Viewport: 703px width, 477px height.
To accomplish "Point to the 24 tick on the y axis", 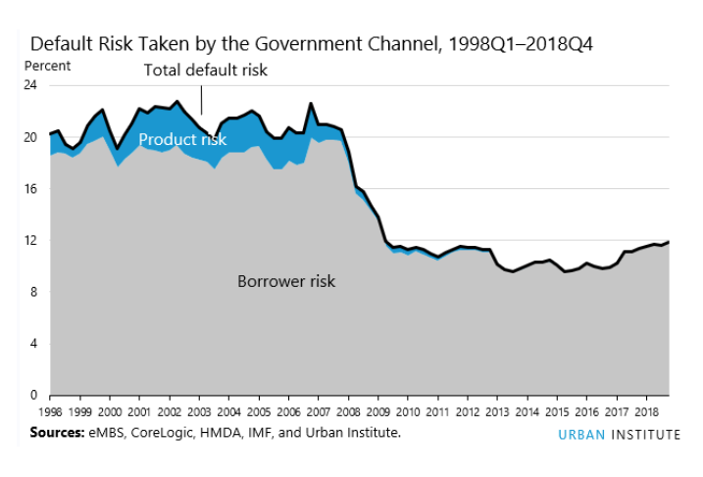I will pyautogui.click(x=31, y=85).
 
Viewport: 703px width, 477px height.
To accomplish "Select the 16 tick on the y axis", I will pyautogui.click(x=31, y=188).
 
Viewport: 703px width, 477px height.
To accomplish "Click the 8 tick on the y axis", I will pyautogui.click(x=34, y=292).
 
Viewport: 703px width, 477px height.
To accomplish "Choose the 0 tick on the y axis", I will pyautogui.click(x=34, y=395).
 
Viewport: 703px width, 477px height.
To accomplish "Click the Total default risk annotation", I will pyautogui.click(x=205, y=71).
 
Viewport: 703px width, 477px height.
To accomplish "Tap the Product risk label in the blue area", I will pyautogui.click(x=182, y=140).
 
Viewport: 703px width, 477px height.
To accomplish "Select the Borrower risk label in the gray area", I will pyautogui.click(x=286, y=281).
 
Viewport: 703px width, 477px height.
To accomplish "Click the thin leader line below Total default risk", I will pyautogui.click(x=202, y=100).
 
